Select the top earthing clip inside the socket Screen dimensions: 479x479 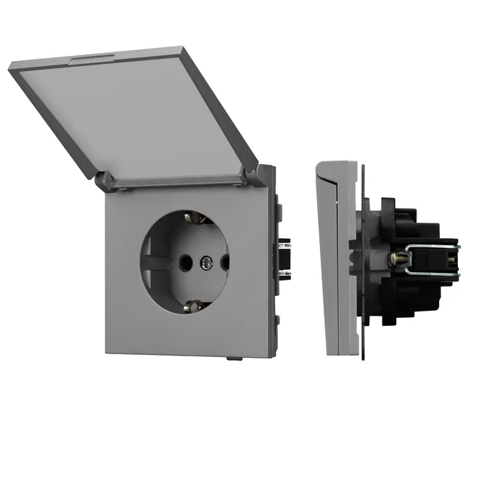point(193,216)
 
